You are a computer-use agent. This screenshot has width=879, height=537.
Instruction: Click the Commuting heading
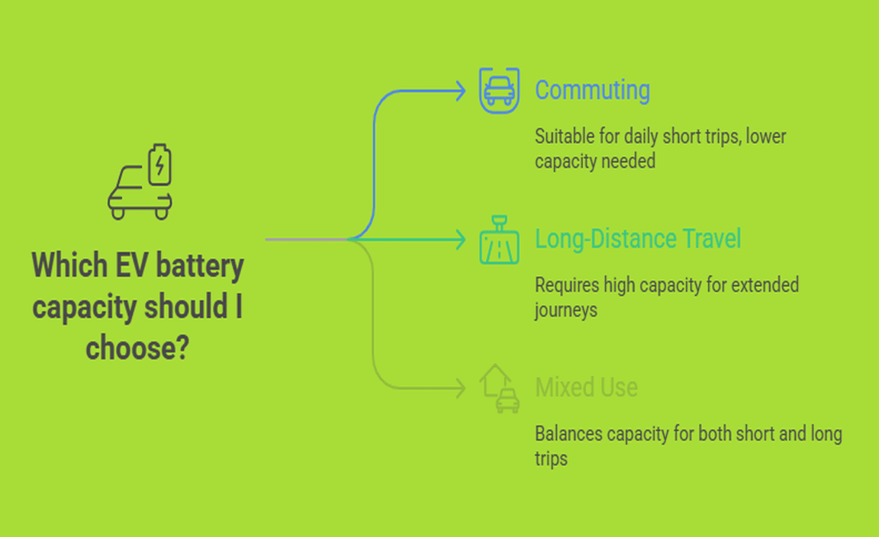(x=592, y=90)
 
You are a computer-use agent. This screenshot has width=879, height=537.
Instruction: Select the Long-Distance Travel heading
(x=638, y=239)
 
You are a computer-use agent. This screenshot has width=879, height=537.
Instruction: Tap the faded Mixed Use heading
(x=586, y=387)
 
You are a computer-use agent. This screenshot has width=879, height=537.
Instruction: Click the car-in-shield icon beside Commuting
(x=499, y=90)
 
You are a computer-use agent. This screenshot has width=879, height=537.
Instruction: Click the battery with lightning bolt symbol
(x=159, y=165)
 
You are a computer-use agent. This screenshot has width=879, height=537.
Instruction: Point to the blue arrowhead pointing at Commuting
(x=460, y=92)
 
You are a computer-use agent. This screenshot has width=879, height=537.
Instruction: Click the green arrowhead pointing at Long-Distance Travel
(x=460, y=240)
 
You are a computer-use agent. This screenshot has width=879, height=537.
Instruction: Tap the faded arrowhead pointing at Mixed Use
(x=460, y=389)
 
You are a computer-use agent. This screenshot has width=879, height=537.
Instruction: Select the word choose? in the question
(x=137, y=349)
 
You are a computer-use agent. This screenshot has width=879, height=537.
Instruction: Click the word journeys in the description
(x=565, y=310)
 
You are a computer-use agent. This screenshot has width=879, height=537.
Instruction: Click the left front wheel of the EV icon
(x=118, y=214)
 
